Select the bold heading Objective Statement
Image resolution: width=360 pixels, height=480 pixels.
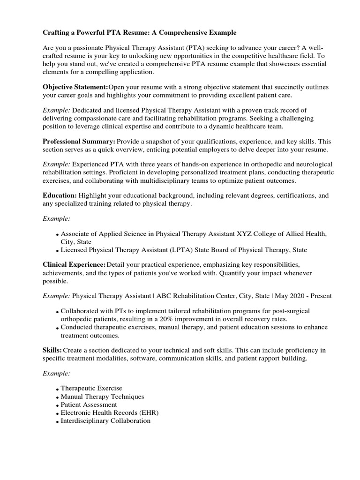coord(75,87)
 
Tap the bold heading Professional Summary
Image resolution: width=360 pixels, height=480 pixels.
coord(79,141)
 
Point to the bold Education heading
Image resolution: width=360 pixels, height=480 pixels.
coord(60,195)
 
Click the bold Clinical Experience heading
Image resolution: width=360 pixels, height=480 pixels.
coord(74,265)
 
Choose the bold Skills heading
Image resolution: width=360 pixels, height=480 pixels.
coord(52,350)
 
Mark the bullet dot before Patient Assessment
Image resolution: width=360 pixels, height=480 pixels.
coord(57,405)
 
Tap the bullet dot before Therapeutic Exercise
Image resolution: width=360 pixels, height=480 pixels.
coord(57,389)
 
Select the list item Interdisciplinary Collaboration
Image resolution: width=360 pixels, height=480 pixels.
coord(106,420)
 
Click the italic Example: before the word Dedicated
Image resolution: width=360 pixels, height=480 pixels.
coord(57,110)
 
